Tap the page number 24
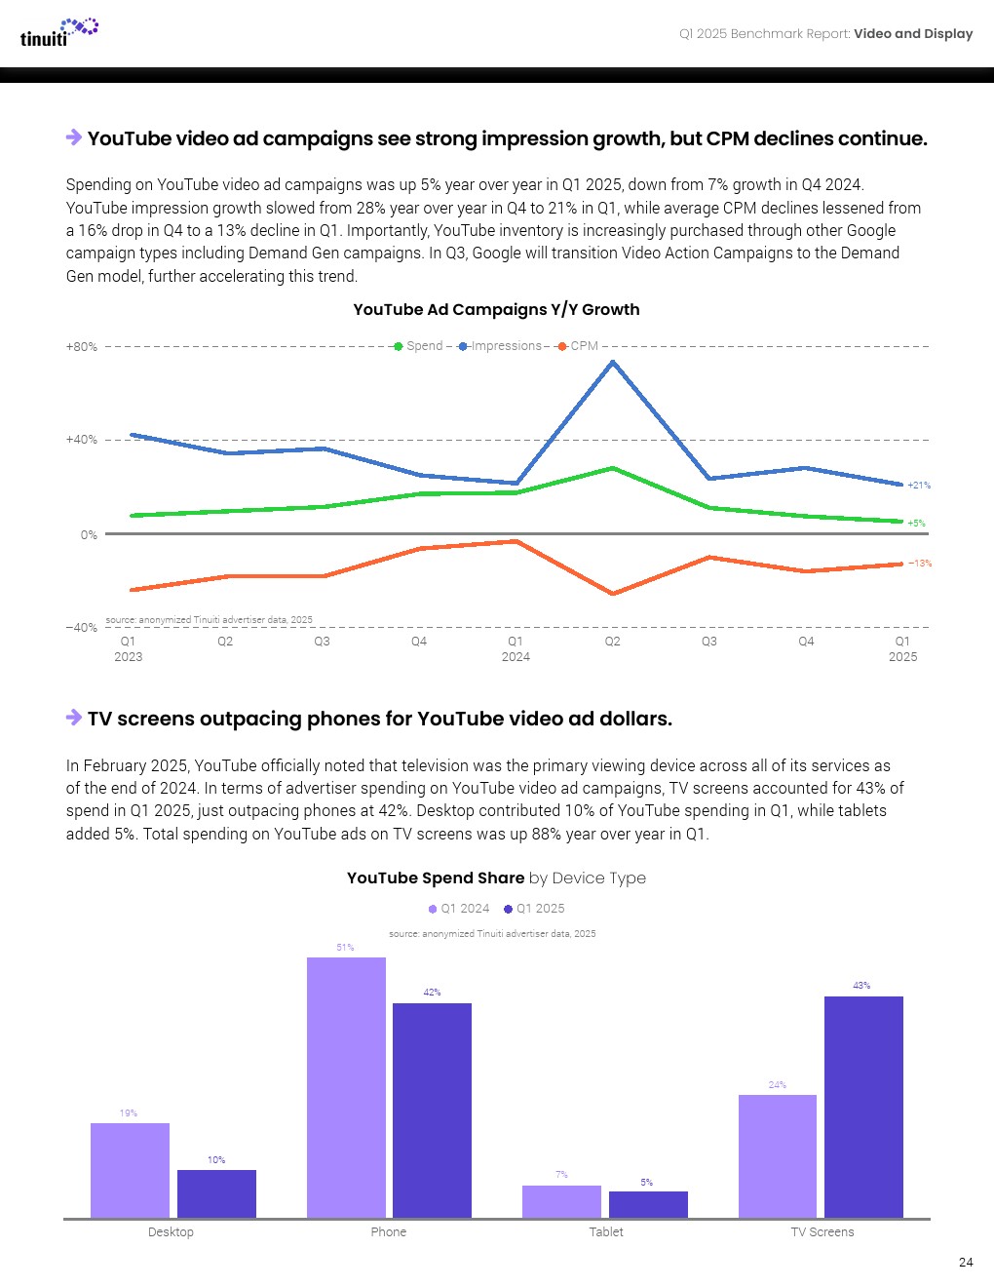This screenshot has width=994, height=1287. pos(965,1262)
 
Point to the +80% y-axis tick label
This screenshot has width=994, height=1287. pos(82,347)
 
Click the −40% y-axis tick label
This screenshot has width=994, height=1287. pos(82,627)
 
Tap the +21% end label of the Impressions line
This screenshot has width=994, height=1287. pos(919,485)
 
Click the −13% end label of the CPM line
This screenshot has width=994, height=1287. pos(920,564)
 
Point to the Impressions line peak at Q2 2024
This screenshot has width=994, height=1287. pos(612,363)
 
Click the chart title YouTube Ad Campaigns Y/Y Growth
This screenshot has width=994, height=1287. pos(496,309)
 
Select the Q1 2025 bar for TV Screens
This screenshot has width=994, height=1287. pos(863,1107)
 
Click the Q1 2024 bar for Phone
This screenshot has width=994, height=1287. pos(346,1087)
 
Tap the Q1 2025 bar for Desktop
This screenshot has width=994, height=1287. pos(216,1193)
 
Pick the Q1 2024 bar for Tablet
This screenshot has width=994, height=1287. pos(561,1201)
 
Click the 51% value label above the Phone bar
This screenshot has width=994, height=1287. pos(345,948)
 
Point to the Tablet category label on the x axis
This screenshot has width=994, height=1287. pos(606,1232)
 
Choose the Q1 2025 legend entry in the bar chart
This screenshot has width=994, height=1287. pos(534,909)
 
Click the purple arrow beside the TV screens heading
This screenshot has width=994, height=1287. pos(74,718)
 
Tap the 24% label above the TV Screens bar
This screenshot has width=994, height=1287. pos(777,1085)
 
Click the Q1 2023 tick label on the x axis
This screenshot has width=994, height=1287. pos(128,648)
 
